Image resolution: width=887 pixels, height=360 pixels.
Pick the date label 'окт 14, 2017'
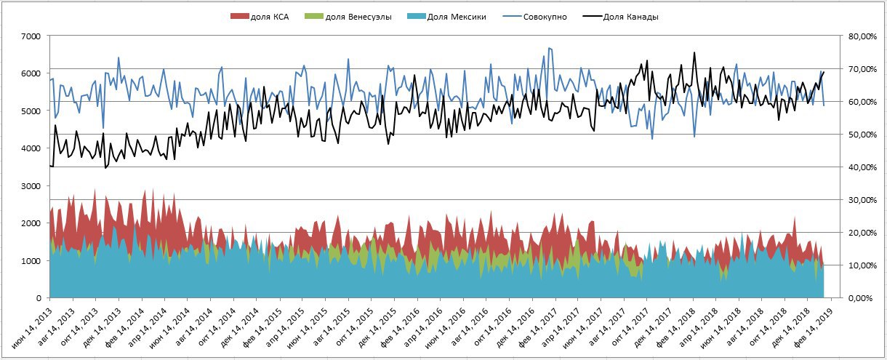[626, 326]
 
